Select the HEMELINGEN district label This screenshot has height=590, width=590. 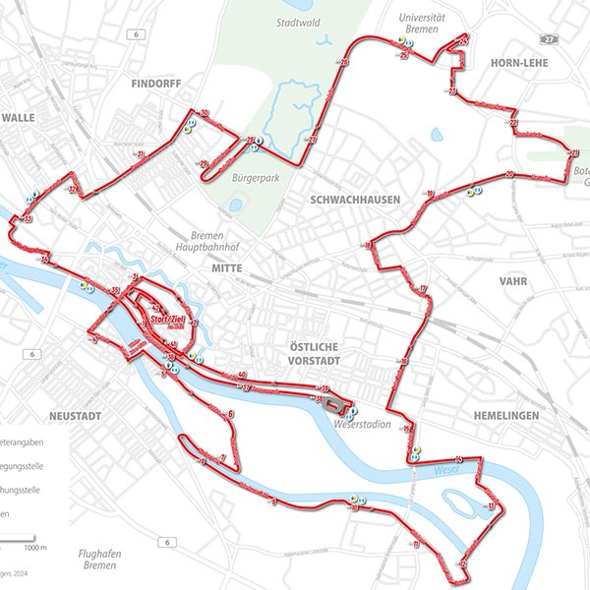tap(504, 416)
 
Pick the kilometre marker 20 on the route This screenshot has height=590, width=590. tap(509, 174)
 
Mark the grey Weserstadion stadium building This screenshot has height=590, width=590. tap(333, 403)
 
